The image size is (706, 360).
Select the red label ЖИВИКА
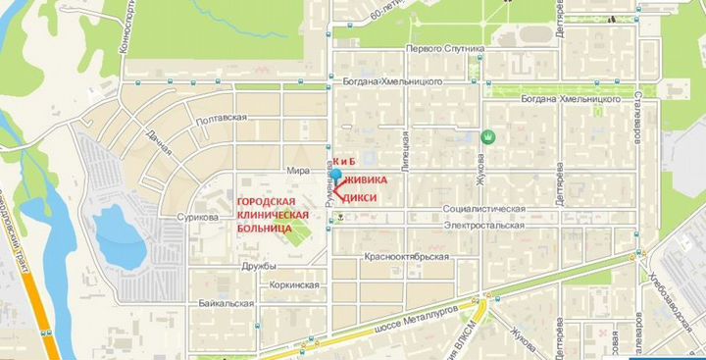(365, 180)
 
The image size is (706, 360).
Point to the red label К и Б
(343, 160)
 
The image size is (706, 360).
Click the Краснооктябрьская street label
(406, 257)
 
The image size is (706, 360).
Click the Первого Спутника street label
(445, 49)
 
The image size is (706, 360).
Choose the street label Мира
(298, 170)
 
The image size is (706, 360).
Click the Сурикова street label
(197, 217)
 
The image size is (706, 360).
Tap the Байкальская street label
(227, 303)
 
